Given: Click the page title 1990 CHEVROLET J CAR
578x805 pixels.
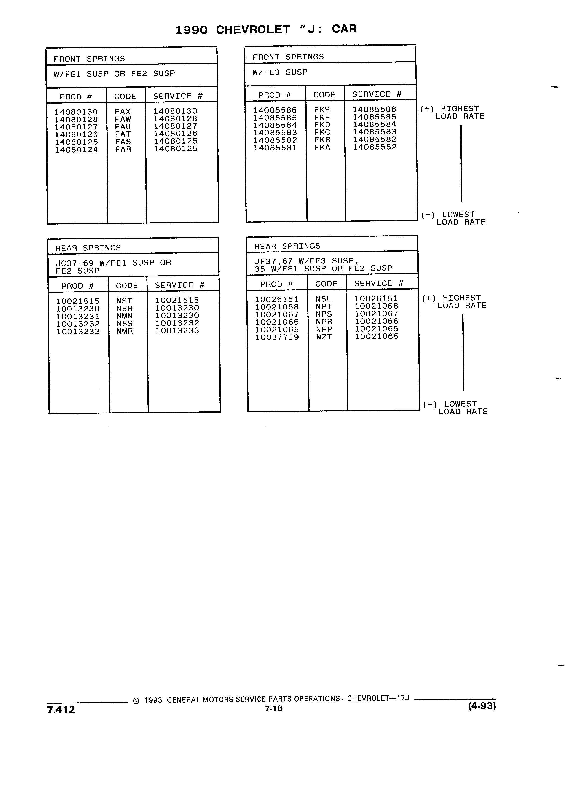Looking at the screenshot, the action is (x=266, y=30).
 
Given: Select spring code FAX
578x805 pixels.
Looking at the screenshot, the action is (x=123, y=111).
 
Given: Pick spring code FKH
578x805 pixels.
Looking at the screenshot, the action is (x=322, y=110).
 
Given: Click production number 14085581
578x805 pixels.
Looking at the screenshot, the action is (x=275, y=148).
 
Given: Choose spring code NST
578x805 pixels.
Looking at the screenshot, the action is (x=124, y=301).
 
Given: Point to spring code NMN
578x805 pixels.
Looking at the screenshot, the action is (x=125, y=316).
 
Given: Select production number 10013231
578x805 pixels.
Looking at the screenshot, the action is (x=78, y=316).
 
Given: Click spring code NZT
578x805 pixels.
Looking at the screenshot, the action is (x=324, y=337).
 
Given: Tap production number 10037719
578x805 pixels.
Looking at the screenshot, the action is (x=277, y=337).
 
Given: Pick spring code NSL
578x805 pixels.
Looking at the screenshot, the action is (x=323, y=299).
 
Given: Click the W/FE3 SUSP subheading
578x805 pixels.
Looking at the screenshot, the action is (x=280, y=72).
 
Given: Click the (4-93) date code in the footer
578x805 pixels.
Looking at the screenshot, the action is (x=482, y=706).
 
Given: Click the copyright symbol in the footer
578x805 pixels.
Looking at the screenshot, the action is (x=136, y=701).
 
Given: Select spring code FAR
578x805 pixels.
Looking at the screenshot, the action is (x=123, y=149).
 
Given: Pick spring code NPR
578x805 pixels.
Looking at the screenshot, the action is (x=324, y=322).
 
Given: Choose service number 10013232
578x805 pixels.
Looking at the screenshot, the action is (x=177, y=323).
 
